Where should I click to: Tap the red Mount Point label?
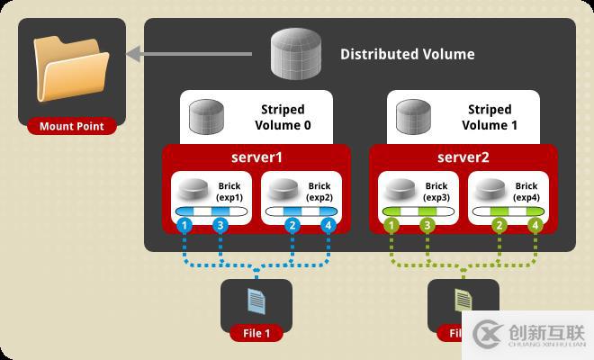pyautogui.click(x=71, y=127)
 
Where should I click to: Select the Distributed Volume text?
pyautogui.click(x=407, y=54)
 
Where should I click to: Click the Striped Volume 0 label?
pyautogui.click(x=283, y=118)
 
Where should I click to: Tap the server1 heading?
pyautogui.click(x=257, y=157)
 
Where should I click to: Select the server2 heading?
pyautogui.click(x=464, y=157)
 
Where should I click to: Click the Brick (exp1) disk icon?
pyautogui.click(x=194, y=190)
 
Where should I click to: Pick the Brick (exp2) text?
pyautogui.click(x=319, y=190)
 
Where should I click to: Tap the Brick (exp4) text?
pyautogui.click(x=526, y=190)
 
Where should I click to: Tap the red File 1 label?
pyautogui.click(x=256, y=334)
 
